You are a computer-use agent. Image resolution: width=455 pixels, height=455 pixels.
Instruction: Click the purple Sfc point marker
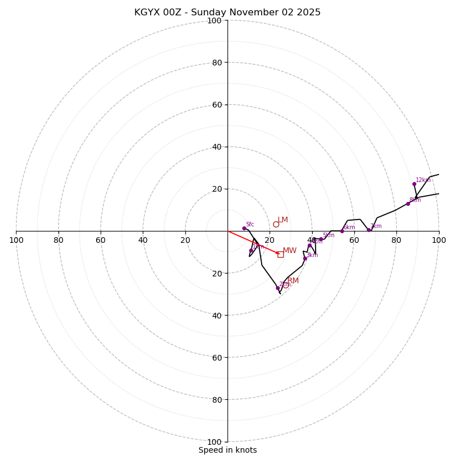(244, 228)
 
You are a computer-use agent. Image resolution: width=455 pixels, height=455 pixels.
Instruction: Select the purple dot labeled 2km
(278, 288)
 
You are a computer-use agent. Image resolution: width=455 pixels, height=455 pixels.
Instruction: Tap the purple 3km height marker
(305, 258)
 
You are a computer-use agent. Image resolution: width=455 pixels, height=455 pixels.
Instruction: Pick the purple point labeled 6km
(342, 231)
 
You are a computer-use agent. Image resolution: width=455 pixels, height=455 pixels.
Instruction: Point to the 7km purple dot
(369, 230)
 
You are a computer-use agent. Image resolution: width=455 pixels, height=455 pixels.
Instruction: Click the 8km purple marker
(408, 204)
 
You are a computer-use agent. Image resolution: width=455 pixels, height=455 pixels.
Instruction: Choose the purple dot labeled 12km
(414, 184)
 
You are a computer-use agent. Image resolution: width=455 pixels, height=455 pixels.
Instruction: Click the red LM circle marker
(276, 224)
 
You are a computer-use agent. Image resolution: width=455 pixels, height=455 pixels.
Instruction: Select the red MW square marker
(280, 254)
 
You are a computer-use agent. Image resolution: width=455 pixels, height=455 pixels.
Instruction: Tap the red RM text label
(293, 281)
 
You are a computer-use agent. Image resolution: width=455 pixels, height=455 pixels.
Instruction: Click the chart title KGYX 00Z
(227, 13)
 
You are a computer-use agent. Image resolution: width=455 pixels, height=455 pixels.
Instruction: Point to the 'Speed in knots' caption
(227, 450)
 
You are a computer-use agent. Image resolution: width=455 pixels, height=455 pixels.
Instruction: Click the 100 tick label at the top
(214, 21)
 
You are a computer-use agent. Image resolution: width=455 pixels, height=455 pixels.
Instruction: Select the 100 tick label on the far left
(16, 240)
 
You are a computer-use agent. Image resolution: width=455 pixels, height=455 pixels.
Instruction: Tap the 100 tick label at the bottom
(214, 442)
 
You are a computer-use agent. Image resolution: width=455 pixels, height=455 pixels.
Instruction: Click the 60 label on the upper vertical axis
(217, 105)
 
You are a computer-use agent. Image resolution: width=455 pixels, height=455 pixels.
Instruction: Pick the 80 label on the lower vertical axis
(217, 400)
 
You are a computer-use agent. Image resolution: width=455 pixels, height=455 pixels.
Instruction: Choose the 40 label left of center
(143, 240)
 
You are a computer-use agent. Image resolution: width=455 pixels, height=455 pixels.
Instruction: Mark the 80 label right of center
(396, 240)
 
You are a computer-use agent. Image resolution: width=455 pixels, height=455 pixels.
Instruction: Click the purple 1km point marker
(251, 250)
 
